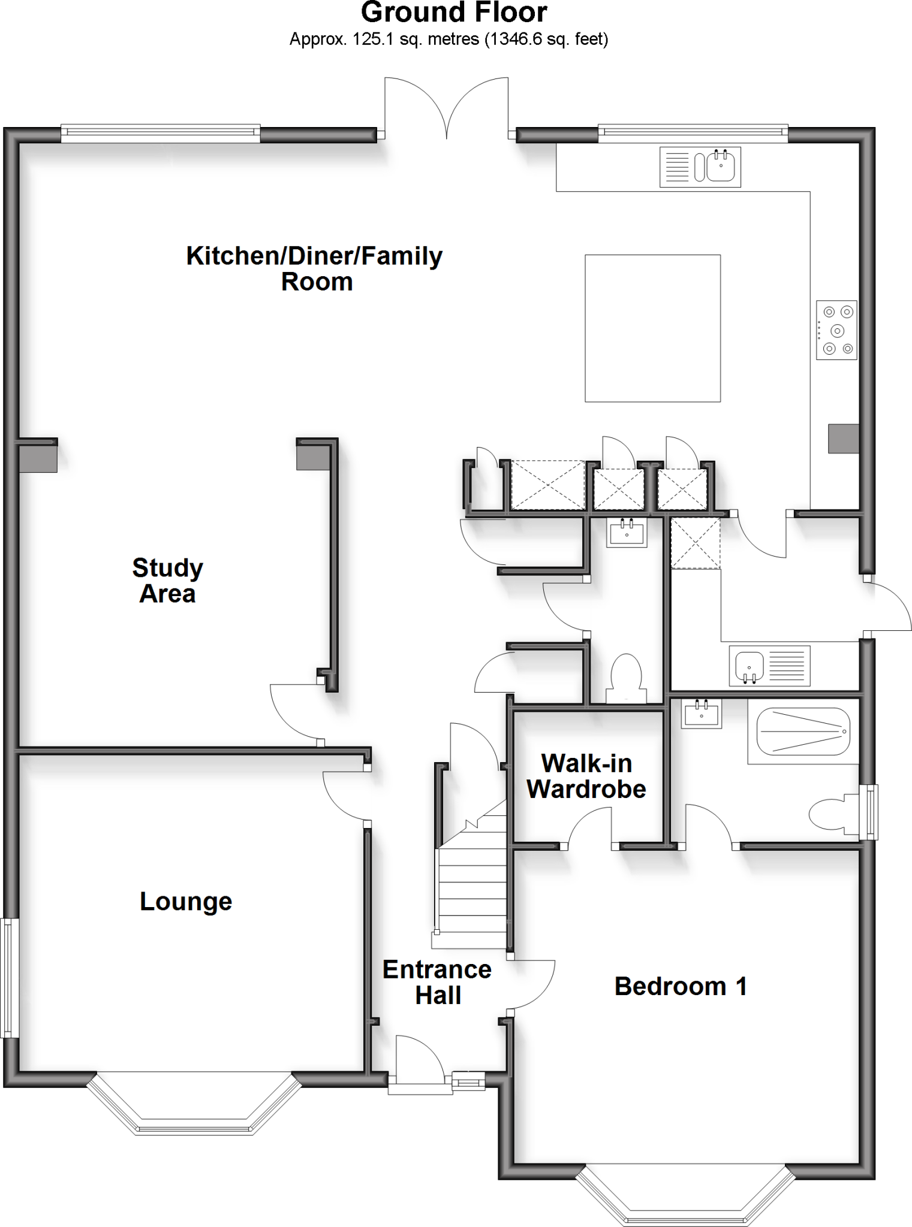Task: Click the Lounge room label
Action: coord(186,902)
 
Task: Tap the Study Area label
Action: coord(167,581)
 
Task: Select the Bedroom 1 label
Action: coord(681,986)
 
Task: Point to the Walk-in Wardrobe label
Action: coord(586,776)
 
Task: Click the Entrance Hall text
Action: coord(437,983)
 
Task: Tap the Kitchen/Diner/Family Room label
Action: coord(315,268)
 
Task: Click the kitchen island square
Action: coord(652,328)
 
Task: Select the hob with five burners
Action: coord(836,330)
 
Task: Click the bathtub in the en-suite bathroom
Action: coord(803,732)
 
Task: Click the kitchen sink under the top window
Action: coord(700,167)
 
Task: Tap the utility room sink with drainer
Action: coord(770,666)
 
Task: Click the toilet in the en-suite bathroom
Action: coord(833,813)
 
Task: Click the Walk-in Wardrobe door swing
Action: coord(591,827)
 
